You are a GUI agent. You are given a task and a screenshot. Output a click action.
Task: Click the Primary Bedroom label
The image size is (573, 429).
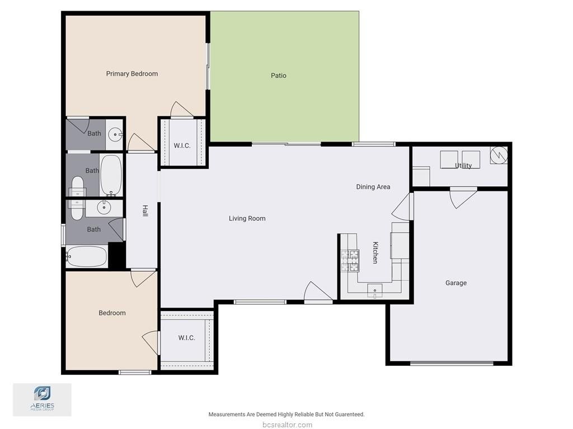pos(132,74)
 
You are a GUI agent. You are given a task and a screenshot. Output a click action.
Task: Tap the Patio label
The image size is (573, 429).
pos(279,76)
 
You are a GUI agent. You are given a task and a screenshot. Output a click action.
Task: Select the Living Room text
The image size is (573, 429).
pos(247,219)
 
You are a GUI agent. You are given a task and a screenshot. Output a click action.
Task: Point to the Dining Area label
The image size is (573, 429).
pos(373,187)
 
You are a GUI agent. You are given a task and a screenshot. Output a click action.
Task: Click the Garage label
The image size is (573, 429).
pos(455,283)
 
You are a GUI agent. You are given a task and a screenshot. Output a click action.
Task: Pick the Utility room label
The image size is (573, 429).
pos(463,166)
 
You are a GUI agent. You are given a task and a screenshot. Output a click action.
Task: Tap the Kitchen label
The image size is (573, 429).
pos(375,252)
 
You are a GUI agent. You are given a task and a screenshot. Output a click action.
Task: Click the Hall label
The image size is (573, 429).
pos(145,211)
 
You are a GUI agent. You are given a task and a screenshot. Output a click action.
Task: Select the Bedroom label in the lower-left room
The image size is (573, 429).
pos(112,313)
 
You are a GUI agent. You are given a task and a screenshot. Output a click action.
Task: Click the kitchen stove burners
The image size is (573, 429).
pos(350,261)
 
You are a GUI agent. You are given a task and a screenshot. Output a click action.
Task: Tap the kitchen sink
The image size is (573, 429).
pos(375,291)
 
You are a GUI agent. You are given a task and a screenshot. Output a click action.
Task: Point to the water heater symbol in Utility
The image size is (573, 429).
pos(499,155)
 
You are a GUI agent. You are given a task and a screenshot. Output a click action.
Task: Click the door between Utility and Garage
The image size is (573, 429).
pos(463,197)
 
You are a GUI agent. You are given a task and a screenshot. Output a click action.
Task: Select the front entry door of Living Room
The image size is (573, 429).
pos(318,293)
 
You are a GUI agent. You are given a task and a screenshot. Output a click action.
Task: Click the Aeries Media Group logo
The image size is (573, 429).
pos(43,399)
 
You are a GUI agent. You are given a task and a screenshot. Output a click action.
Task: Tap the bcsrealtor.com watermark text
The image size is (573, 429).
pos(287,425)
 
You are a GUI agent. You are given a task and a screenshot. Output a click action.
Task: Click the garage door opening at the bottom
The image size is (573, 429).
pos(452,363)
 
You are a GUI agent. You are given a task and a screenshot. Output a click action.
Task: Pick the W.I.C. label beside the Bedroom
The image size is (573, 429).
pos(187,338)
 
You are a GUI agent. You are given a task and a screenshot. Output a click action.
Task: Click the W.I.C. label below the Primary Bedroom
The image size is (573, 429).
pos(182,146)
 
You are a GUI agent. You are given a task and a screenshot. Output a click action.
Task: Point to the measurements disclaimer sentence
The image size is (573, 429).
pos(286,414)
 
